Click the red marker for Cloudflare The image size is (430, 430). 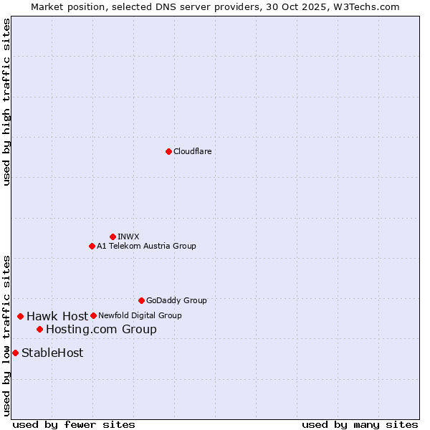tap(168, 151)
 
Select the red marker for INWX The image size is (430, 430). tap(113, 236)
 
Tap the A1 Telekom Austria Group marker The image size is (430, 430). tap(92, 246)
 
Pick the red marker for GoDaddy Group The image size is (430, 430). tap(141, 300)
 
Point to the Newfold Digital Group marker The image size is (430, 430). tap(93, 315)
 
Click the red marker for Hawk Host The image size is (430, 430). tap(21, 316)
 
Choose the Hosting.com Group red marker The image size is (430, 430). tap(39, 329)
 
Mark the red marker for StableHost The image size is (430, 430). tap(15, 353)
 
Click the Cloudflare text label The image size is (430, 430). tap(192, 151)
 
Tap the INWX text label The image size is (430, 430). tap(128, 236)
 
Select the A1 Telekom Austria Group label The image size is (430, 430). tap(146, 246)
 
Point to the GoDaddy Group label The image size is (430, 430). tap(176, 300)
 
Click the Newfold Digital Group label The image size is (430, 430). tap(140, 315)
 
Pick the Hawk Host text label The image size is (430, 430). tap(57, 316)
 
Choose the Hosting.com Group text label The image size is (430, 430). tap(101, 330)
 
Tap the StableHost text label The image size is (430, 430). tap(52, 353)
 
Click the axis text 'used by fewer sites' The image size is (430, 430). tap(74, 424)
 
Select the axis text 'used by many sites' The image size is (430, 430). tap(360, 424)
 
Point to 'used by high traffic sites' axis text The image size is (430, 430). tap(6, 102)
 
